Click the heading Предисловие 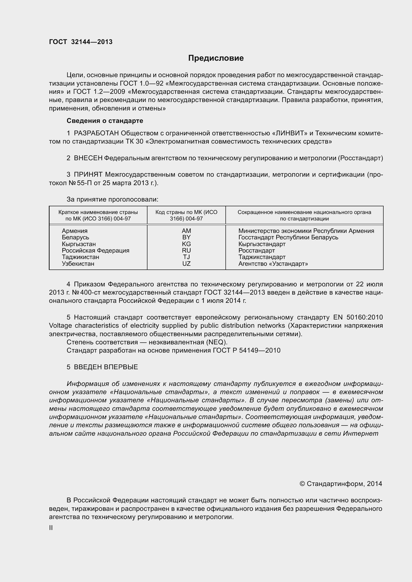pyautogui.click(x=216, y=58)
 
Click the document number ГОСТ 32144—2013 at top pyautogui.click(x=81, y=42)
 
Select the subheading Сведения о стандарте pyautogui.click(x=105, y=121)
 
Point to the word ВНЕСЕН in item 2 pyautogui.click(x=88, y=158)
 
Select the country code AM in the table pyautogui.click(x=186, y=231)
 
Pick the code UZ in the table pyautogui.click(x=186, y=264)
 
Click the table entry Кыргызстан pyautogui.click(x=79, y=244)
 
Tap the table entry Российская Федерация pyautogui.click(x=95, y=251)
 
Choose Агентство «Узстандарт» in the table pyautogui.click(x=273, y=264)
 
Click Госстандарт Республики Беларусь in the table pyautogui.click(x=288, y=237)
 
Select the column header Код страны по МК pyautogui.click(x=186, y=215)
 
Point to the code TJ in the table pyautogui.click(x=186, y=257)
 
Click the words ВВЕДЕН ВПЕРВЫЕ pyautogui.click(x=106, y=367)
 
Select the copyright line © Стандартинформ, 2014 pyautogui.click(x=341, y=484)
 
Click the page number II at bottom pyautogui.click(x=51, y=528)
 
